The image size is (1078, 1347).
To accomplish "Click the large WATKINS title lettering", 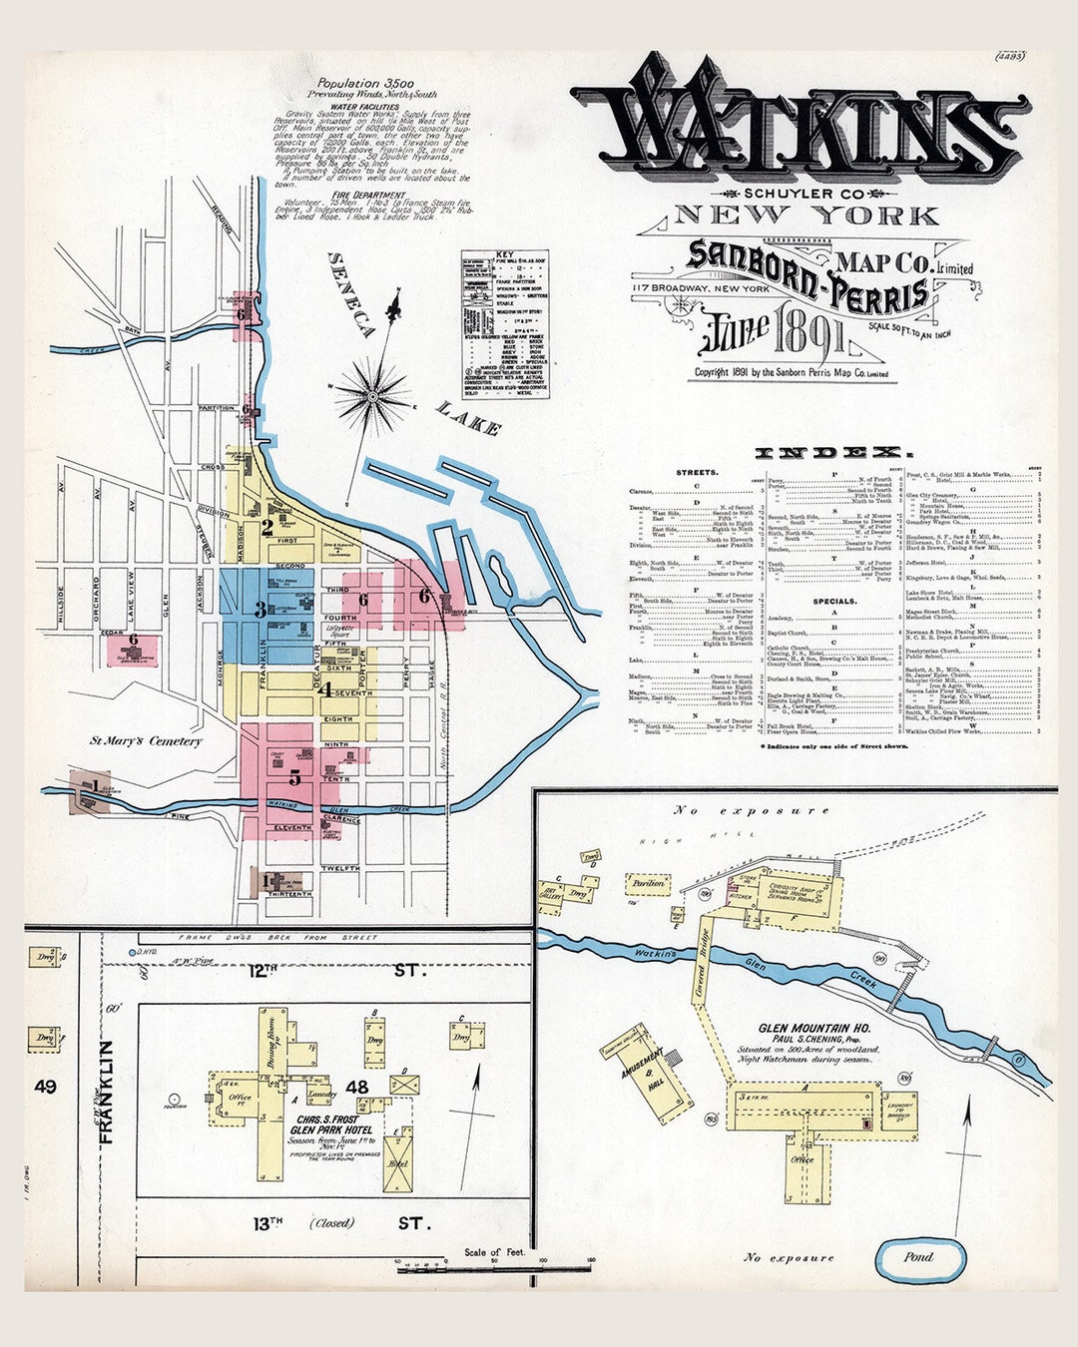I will pos(799,125).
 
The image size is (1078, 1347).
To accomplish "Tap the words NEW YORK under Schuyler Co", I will pos(807,216).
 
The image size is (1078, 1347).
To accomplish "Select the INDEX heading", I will pos(827,452).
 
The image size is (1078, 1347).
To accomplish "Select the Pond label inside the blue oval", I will pos(918,1257).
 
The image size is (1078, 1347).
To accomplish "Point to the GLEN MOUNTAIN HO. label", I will pos(813,1028).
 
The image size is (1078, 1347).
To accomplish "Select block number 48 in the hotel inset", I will pos(356,1087).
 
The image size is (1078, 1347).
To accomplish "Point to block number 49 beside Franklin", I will pos(44,1087).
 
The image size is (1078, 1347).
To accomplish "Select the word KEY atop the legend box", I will pos(505,255).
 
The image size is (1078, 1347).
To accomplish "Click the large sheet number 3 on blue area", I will pos(261,609).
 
